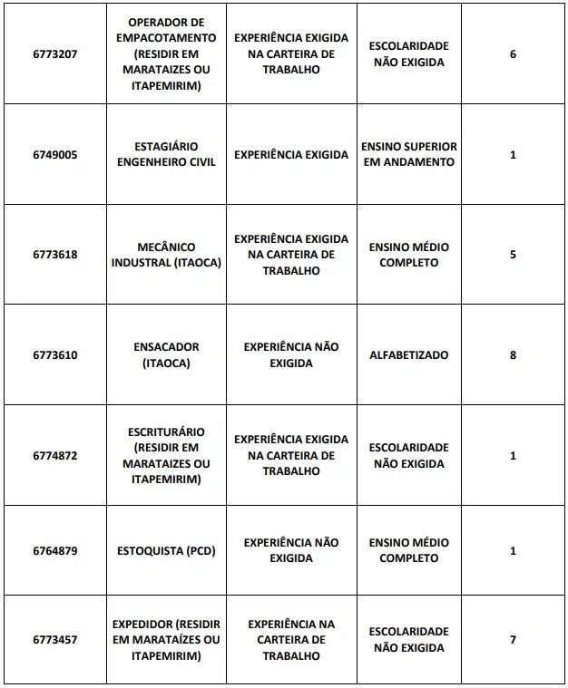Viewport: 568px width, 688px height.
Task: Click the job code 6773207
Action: pos(55,54)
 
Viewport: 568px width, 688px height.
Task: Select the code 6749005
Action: pos(55,155)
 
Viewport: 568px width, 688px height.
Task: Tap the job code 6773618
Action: pos(55,255)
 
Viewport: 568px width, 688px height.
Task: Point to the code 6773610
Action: pos(55,355)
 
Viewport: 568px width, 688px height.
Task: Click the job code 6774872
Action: pos(55,456)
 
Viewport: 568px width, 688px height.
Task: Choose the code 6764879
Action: pos(55,551)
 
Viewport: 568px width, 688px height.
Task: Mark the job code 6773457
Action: pos(55,640)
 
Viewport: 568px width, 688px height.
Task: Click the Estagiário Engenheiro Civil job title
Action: pos(166,155)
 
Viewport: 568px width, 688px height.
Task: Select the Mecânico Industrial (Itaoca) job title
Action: pos(166,255)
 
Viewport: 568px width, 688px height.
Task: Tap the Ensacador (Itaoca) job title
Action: pos(166,355)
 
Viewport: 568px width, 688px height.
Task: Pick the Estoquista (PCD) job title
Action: pos(166,551)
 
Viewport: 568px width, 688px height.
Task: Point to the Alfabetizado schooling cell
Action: pos(408,355)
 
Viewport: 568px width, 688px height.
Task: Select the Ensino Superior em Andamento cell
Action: pos(408,155)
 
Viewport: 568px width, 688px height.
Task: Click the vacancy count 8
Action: pos(513,355)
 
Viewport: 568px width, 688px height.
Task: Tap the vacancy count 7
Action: pos(513,640)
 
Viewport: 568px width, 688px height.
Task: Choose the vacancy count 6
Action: pos(513,54)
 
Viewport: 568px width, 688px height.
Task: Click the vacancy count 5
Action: pos(513,255)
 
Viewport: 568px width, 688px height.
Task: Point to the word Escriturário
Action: pos(166,431)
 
